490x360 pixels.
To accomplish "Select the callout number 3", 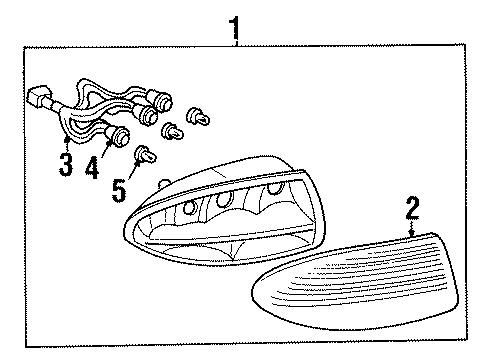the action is click(x=66, y=163).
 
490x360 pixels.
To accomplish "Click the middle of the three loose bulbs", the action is click(x=173, y=129).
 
